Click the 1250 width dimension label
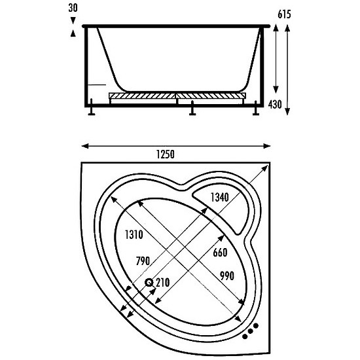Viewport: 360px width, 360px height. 166,154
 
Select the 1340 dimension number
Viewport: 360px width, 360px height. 220,197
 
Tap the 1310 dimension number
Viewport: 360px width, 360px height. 134,234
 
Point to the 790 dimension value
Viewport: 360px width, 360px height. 143,261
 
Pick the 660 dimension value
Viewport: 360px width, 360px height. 220,253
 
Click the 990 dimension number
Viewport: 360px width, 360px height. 227,276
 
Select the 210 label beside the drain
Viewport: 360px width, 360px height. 163,283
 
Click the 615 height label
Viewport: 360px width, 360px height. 284,14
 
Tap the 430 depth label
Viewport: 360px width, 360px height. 275,105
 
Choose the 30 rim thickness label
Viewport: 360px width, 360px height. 73,8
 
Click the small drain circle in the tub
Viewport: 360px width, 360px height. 149,282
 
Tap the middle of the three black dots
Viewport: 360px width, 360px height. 251,331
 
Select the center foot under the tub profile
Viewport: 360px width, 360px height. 192,108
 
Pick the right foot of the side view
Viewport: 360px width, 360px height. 256,108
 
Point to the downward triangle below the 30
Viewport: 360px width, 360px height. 73,20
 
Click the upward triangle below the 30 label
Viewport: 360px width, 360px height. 73,33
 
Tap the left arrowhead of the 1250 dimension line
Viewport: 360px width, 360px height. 85,146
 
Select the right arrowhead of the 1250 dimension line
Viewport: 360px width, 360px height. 267,146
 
